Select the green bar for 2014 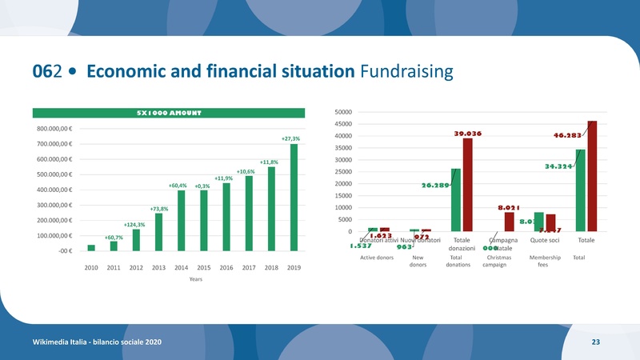click(x=182, y=221)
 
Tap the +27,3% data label click(x=290, y=139)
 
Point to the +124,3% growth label click(x=134, y=225)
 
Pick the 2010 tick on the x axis click(x=91, y=266)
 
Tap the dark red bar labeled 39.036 click(x=468, y=185)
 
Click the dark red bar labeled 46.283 click(x=592, y=176)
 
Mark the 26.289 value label click(x=434, y=186)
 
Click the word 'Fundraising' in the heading click(x=406, y=73)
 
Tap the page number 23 click(x=595, y=342)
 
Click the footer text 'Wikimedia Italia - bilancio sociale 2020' click(x=97, y=342)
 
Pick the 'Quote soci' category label click(x=545, y=241)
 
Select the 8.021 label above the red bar click(x=510, y=207)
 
